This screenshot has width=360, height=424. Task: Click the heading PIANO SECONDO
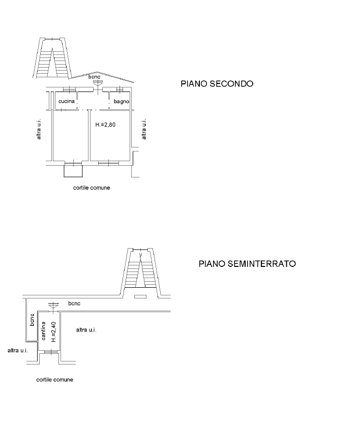pos(217,84)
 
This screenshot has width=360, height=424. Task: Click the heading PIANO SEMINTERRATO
pos(248,264)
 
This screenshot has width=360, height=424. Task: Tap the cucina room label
pos(67,102)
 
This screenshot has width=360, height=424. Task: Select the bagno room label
pos(121,102)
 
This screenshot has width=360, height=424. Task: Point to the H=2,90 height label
pos(106,124)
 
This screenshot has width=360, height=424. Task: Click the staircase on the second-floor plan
pos(52,59)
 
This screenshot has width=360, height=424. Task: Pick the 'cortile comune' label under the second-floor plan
pos(92,188)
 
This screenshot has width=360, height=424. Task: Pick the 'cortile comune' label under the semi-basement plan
pos(55,380)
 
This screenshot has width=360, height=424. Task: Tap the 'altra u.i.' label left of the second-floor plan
pos(39,130)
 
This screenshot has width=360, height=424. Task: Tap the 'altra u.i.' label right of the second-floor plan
pos(144,129)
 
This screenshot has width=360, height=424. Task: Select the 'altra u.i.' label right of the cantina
pos(85,330)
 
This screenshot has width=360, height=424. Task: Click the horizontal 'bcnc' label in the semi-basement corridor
pos(74,304)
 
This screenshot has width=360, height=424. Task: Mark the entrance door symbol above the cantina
pos(52,307)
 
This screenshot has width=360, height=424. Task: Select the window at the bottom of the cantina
pos(49,351)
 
